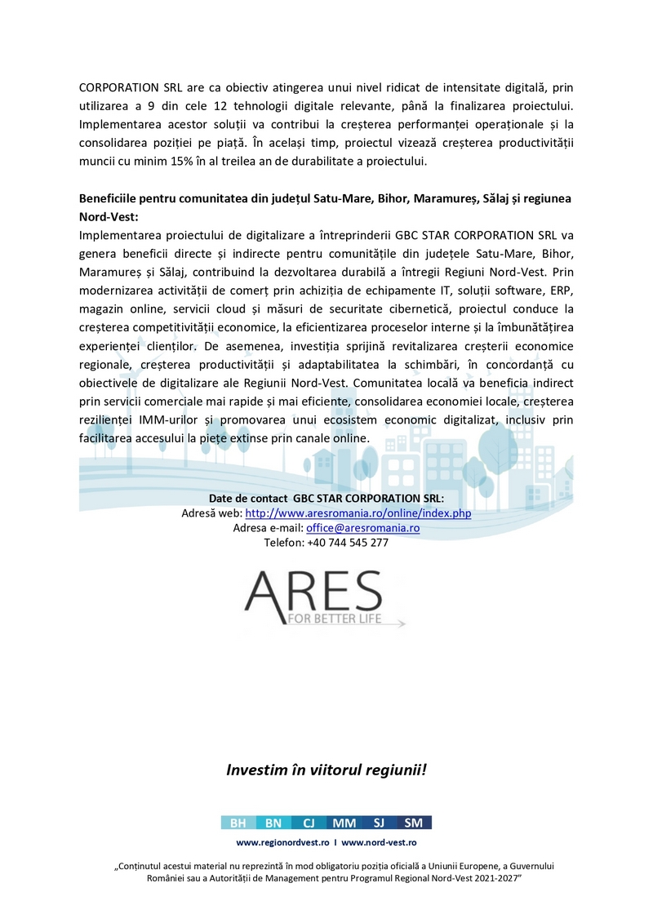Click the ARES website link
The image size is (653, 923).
coord(358,513)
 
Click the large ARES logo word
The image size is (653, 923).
coord(313,592)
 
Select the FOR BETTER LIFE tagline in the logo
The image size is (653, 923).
coord(335,619)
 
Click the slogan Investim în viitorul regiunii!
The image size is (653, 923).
coord(326,770)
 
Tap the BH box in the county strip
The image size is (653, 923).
coord(238,823)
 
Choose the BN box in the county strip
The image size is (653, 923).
coord(273,823)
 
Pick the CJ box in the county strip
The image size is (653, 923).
coord(309,823)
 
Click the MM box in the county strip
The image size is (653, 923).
coord(344,823)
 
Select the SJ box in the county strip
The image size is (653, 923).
coord(379,823)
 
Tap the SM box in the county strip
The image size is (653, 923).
coord(414,823)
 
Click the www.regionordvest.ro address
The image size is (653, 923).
coord(282,842)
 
